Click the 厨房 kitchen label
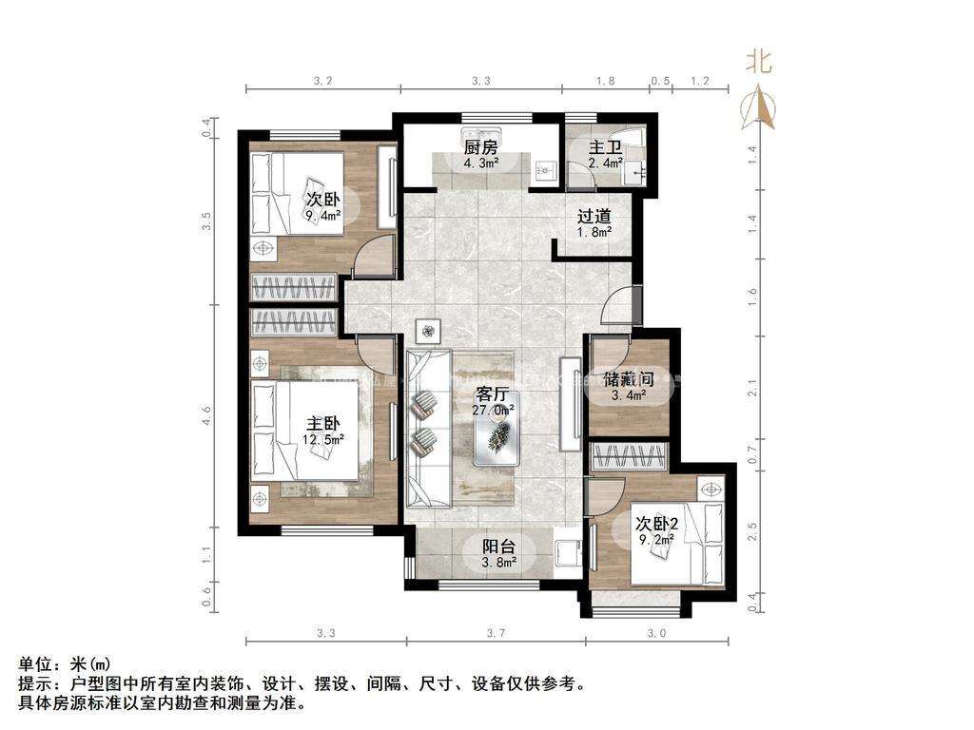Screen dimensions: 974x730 pos(480,147)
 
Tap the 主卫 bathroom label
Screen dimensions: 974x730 pos(605,147)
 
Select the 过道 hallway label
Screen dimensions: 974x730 pos(594,216)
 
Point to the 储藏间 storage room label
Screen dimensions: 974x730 pos(629,378)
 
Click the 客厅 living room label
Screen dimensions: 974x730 pos(493,394)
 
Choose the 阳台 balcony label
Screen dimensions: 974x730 pos(499,547)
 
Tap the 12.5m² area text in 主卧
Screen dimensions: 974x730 pos(323,439)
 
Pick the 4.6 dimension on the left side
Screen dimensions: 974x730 pos(206,414)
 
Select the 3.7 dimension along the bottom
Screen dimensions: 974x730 pos(496,633)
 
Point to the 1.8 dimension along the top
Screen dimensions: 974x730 pos(606,81)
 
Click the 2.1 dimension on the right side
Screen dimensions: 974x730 pos(753,388)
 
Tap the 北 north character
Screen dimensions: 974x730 pos(759,62)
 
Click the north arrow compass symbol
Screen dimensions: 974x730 pos(758,108)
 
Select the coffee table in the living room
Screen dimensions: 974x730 pos(497,437)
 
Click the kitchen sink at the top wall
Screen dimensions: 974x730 pos(481,135)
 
